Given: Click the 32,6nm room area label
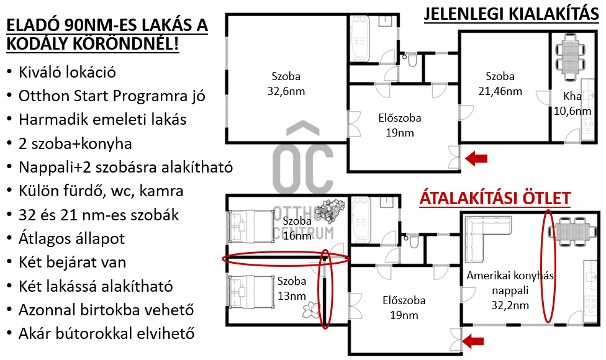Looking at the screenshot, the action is click(x=286, y=91).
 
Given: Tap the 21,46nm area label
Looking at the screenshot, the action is click(x=500, y=91).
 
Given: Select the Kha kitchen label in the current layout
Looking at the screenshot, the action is click(x=572, y=96).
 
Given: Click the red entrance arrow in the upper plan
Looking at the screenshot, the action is click(x=476, y=158).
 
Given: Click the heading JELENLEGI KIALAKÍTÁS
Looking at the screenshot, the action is click(x=512, y=14).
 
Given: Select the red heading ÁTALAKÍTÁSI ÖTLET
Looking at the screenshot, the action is click(x=495, y=198).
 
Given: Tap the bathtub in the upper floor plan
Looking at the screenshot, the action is click(x=360, y=38).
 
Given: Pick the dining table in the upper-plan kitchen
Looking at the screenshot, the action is click(x=569, y=56).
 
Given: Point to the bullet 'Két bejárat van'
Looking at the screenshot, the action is click(x=72, y=263).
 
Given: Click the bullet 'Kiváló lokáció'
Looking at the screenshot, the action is click(x=67, y=72).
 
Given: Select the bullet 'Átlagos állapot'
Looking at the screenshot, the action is click(x=71, y=238).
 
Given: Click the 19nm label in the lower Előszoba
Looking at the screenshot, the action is click(x=404, y=315).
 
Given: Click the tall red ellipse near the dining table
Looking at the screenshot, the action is click(x=548, y=266).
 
